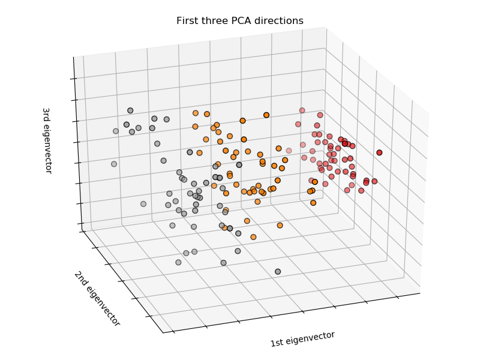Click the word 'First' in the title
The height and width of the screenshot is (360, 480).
point(188,21)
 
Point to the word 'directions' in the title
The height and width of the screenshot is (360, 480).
point(281,21)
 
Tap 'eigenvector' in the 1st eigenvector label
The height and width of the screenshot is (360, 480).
point(311,337)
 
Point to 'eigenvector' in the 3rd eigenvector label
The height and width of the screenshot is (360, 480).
point(47,150)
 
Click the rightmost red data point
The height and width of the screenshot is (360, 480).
point(379,152)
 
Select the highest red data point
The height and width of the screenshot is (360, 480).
point(302,110)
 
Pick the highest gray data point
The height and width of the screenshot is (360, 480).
point(130,110)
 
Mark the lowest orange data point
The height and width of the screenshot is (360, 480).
point(253,237)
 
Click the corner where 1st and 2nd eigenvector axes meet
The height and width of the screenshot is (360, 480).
point(163,332)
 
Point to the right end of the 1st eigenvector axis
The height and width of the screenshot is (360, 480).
point(420,293)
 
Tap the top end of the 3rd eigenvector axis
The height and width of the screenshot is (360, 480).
point(74,57)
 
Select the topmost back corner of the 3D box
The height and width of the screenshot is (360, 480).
point(326,27)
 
